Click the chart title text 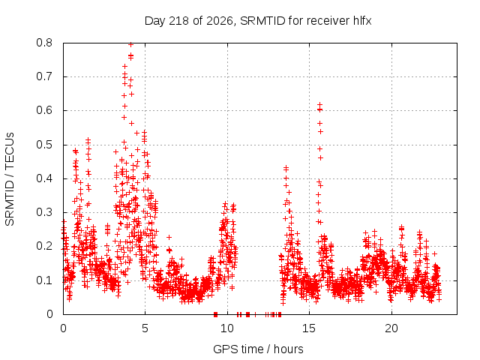(258, 21)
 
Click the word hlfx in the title (362, 21)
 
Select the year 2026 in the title (220, 21)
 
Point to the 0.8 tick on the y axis (44, 43)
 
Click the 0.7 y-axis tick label (44, 76)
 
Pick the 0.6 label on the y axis (44, 110)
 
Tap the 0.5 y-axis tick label (44, 145)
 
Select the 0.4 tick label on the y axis (44, 178)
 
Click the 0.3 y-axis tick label (44, 212)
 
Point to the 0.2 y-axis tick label (44, 246)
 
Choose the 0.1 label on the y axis (44, 280)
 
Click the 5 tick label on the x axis (145, 328)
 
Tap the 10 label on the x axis (227, 328)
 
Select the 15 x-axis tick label (309, 328)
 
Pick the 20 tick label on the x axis (391, 328)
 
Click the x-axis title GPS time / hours (258, 349)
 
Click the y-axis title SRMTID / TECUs (10, 179)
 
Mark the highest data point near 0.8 (130, 45)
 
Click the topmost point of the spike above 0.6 (320, 105)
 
